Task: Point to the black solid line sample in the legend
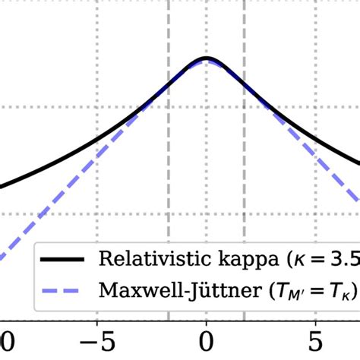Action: (x=65, y=258)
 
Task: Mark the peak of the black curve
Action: (x=206, y=58)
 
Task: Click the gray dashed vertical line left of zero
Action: (x=169, y=152)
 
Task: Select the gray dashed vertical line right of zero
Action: (x=244, y=152)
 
